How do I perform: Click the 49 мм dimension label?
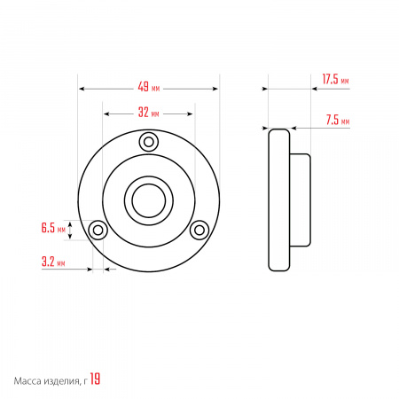pyautogui.click(x=149, y=87)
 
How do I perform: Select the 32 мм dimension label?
pyautogui.click(x=149, y=113)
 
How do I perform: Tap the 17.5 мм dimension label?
pyautogui.click(x=335, y=79)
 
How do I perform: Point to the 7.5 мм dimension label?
pyautogui.click(x=338, y=120)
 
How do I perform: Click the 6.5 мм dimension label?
pyautogui.click(x=53, y=228)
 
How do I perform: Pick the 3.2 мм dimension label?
pyautogui.click(x=53, y=262)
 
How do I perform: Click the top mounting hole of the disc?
pyautogui.click(x=149, y=142)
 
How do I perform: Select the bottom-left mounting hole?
pyautogui.click(x=98, y=230)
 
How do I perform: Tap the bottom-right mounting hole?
pyautogui.click(x=199, y=230)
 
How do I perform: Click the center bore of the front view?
pyautogui.click(x=149, y=200)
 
